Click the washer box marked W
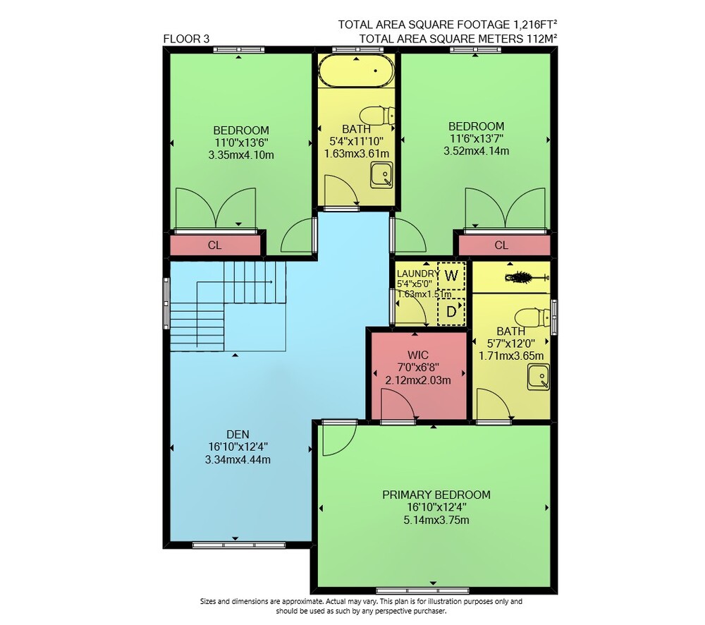click(x=451, y=275)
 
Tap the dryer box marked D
click(x=451, y=311)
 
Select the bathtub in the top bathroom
click(x=356, y=71)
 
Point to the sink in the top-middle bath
click(x=381, y=175)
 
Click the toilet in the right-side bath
click(x=532, y=317)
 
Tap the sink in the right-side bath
click(x=538, y=377)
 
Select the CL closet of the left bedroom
click(x=215, y=245)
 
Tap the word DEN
click(x=238, y=435)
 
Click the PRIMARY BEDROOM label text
click(x=436, y=495)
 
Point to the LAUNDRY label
click(x=418, y=274)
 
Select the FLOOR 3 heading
click(x=186, y=39)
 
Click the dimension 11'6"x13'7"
click(x=476, y=138)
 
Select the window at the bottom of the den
click(x=239, y=545)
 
